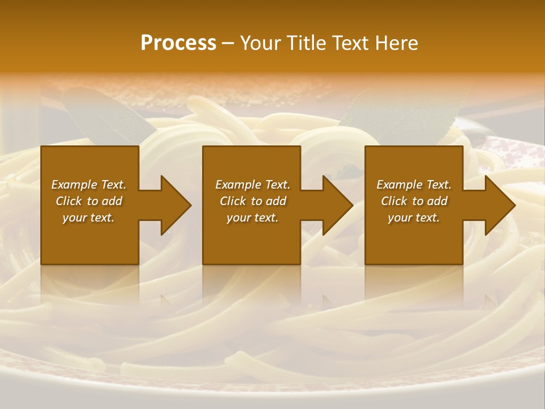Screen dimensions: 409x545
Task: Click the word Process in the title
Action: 178,43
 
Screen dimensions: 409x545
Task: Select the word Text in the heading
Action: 350,43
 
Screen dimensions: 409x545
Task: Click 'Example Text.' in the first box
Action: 89,185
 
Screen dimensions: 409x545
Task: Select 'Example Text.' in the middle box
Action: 253,185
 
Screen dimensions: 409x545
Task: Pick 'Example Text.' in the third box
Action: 414,185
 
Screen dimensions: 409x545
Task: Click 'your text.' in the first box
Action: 89,218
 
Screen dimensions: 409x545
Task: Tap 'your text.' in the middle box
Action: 253,218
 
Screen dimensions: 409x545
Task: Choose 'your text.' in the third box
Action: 414,218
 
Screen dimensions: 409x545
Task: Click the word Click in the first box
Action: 69,201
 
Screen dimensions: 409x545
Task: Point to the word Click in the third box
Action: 394,201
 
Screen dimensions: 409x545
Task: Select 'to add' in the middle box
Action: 268,201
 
